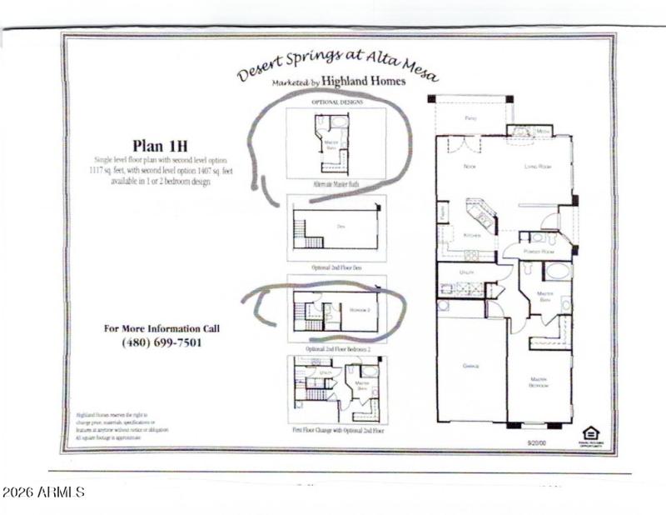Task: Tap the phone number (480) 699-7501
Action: click(x=162, y=342)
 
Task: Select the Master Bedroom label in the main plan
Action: click(x=539, y=382)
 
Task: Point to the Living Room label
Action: click(x=539, y=167)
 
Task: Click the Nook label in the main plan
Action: click(x=469, y=167)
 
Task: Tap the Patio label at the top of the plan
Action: click(x=471, y=118)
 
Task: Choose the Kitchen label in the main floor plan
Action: click(x=472, y=236)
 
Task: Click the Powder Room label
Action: click(x=538, y=251)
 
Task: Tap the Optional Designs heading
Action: click(x=336, y=102)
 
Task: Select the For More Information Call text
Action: click(x=162, y=327)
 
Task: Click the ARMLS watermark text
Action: click(x=43, y=492)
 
